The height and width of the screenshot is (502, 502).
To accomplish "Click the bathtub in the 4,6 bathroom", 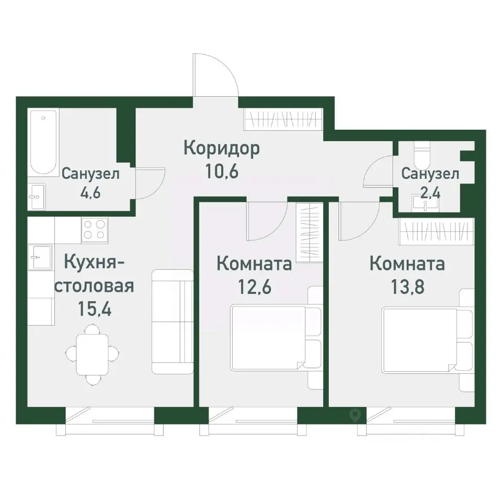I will (x=43, y=142).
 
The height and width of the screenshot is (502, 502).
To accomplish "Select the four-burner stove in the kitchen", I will (x=95, y=230).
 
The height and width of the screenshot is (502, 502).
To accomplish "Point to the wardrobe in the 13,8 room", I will (x=436, y=231).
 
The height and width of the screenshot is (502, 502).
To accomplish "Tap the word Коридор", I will (x=222, y=149).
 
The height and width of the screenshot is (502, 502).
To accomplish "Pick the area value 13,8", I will (x=407, y=287).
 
